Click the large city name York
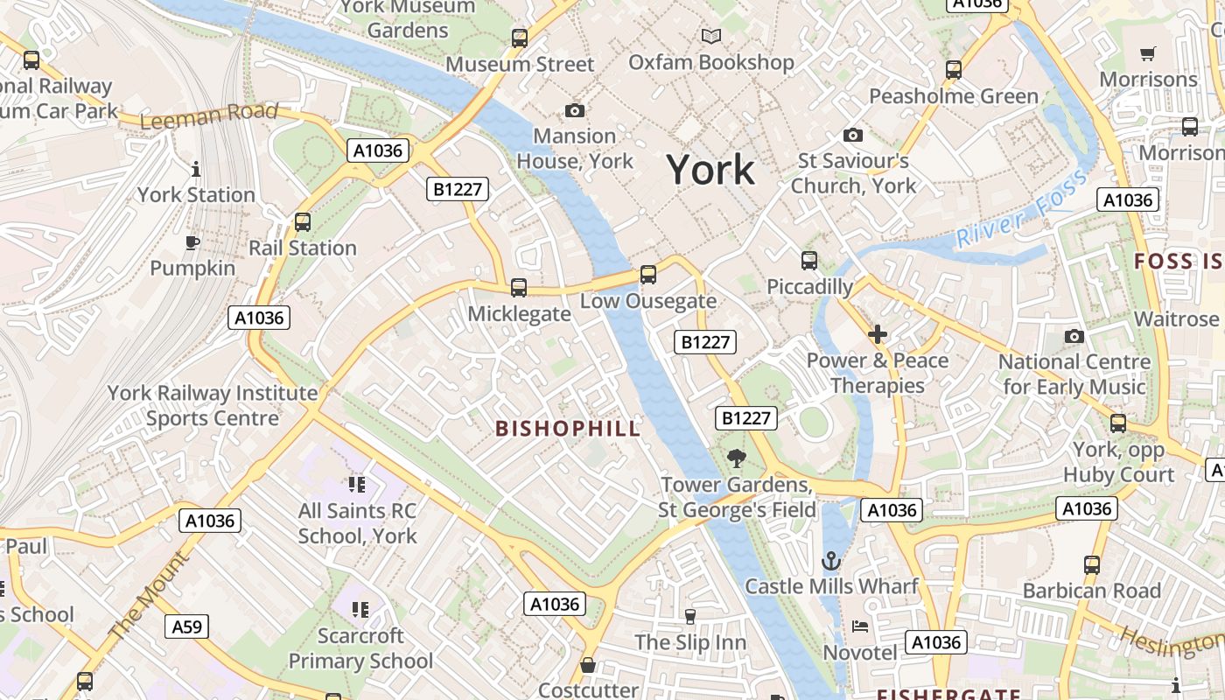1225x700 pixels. pos(710,169)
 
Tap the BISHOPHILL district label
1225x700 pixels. pos(568,429)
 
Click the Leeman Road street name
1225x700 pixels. pos(209,115)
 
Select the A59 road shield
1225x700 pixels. pos(186,626)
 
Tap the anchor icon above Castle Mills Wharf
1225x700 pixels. pos(830,561)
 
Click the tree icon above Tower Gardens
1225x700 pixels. pos(737,458)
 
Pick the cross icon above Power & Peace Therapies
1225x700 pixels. pos(877,334)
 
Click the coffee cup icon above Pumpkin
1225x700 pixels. pos(192,242)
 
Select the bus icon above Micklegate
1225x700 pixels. pos(518,287)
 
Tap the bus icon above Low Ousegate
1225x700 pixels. pos(647,274)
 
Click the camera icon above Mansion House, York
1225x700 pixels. pos(574,110)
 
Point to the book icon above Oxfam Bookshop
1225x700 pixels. pos(710,36)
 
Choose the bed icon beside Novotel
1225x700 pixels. pos(860,626)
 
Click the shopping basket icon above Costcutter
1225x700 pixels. pos(588,665)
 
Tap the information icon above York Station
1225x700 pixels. pos(196,169)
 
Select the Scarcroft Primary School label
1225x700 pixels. pos(360,648)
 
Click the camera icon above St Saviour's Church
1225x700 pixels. pos(852,135)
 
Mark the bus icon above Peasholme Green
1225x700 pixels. pos(953,69)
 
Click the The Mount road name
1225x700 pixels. pos(148,595)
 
